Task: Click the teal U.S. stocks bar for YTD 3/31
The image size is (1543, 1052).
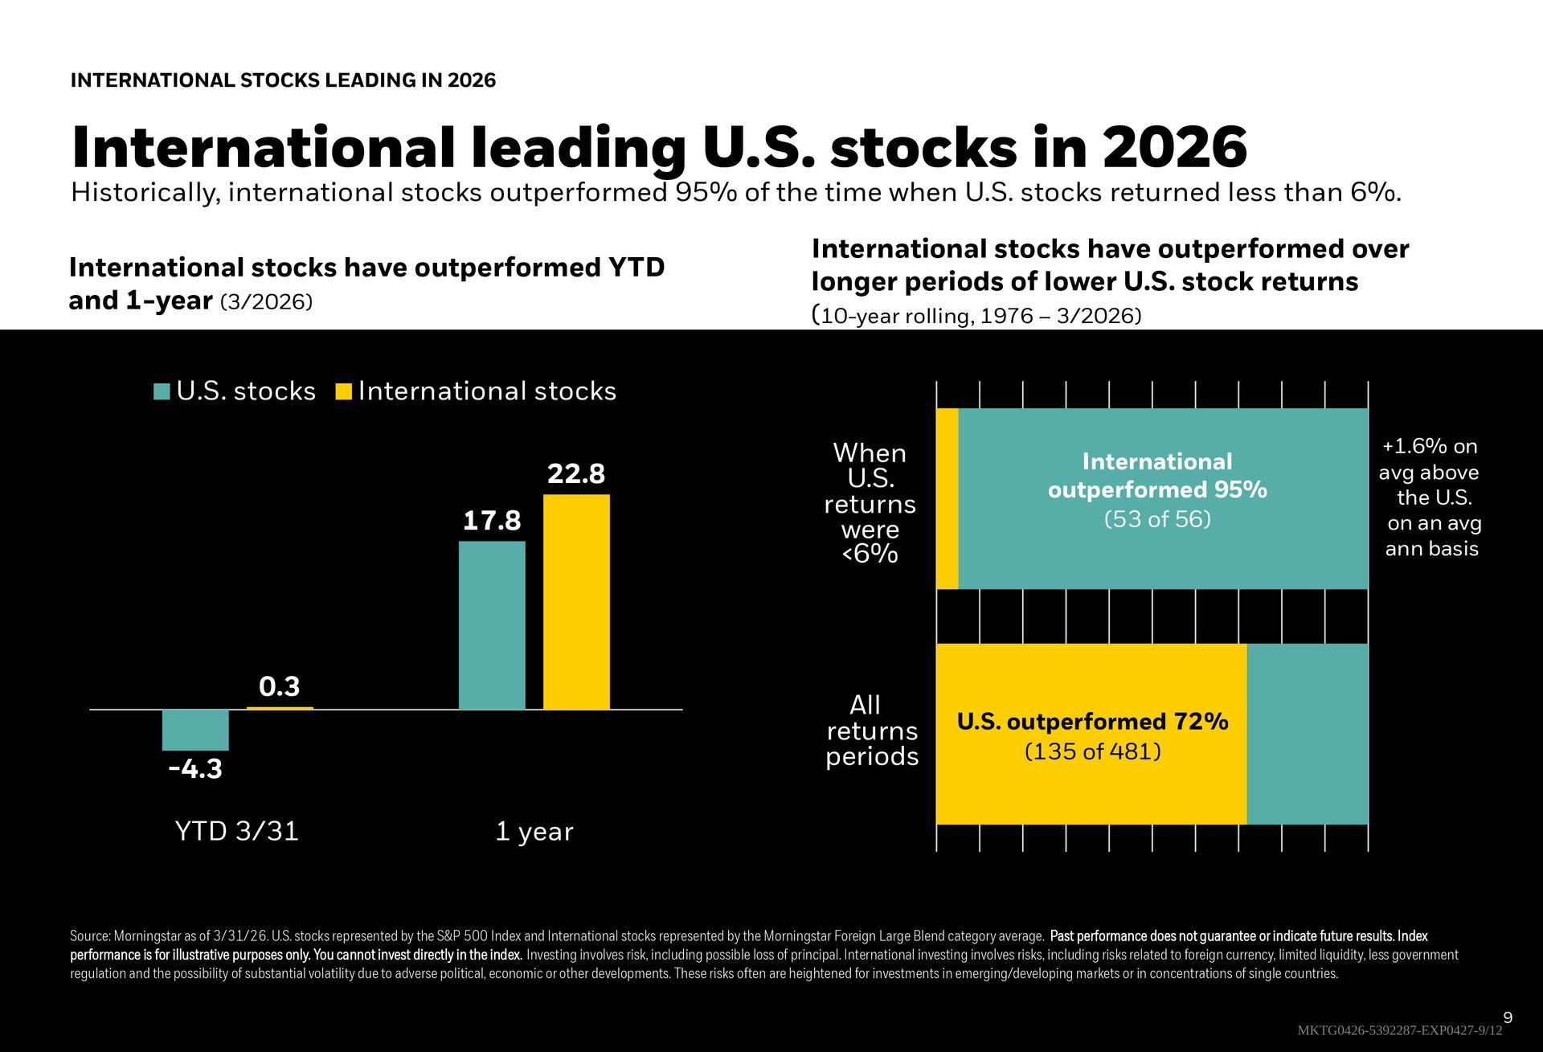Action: tap(195, 730)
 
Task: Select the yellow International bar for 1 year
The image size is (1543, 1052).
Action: tap(576, 602)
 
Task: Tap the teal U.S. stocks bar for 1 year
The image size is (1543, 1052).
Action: tap(492, 625)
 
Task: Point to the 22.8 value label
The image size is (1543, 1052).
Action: tap(575, 474)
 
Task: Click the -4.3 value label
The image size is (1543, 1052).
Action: tap(195, 769)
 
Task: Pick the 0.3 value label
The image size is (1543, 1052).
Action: tap(279, 686)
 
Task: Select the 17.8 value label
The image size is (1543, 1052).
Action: tap(492, 521)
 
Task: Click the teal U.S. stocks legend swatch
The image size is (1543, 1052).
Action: tap(162, 391)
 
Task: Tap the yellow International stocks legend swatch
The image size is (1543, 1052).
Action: tap(344, 391)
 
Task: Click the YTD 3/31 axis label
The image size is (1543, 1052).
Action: tap(236, 831)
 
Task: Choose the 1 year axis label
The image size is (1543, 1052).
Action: tap(534, 831)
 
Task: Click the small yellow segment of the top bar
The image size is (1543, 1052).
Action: tap(947, 498)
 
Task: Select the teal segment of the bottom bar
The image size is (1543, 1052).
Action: tap(1307, 734)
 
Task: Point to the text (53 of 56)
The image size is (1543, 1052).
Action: tap(1157, 519)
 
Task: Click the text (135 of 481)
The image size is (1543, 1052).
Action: tap(1093, 751)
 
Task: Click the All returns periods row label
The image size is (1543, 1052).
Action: tap(872, 731)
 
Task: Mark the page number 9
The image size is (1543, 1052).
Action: tap(1508, 1018)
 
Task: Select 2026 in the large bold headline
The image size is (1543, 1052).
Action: tap(1175, 149)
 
